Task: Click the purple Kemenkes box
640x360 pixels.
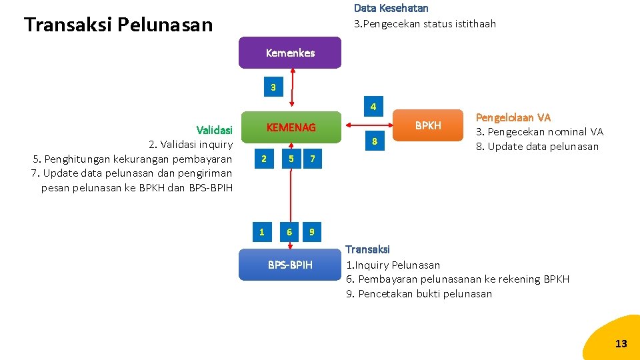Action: (x=290, y=53)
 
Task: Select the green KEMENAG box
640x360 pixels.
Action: (x=291, y=127)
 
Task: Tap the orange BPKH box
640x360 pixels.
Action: (x=428, y=125)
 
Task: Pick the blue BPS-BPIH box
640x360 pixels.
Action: (x=290, y=265)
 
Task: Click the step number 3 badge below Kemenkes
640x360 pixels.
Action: (x=273, y=87)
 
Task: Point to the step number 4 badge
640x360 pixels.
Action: (x=374, y=107)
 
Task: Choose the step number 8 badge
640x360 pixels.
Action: (x=375, y=141)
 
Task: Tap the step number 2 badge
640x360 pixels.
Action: (x=265, y=159)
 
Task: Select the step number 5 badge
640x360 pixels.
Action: (x=291, y=159)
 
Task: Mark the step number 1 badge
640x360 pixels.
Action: (x=262, y=232)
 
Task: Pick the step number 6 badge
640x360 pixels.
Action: (x=289, y=232)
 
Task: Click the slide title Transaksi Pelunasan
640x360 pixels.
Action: (x=118, y=25)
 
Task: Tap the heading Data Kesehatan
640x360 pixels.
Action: (x=391, y=9)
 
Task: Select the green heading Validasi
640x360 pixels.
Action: (x=215, y=129)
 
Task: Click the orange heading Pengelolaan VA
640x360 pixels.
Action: (x=513, y=117)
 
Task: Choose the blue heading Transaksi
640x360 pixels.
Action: (x=367, y=249)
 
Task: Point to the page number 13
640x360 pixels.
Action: (x=621, y=344)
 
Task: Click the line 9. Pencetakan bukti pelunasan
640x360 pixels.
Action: (x=419, y=294)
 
